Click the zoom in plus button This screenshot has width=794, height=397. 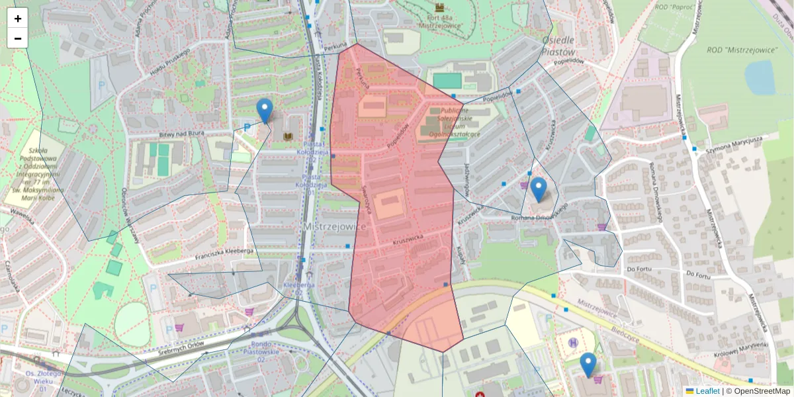pyautogui.click(x=18, y=19)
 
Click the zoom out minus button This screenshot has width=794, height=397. pyautogui.click(x=18, y=38)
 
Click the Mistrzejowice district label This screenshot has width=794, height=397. pyautogui.click(x=334, y=226)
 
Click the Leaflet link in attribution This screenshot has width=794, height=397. pyautogui.click(x=707, y=391)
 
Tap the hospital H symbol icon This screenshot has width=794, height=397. pyautogui.click(x=573, y=342)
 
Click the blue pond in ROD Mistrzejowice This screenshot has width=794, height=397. pyautogui.click(x=760, y=77)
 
